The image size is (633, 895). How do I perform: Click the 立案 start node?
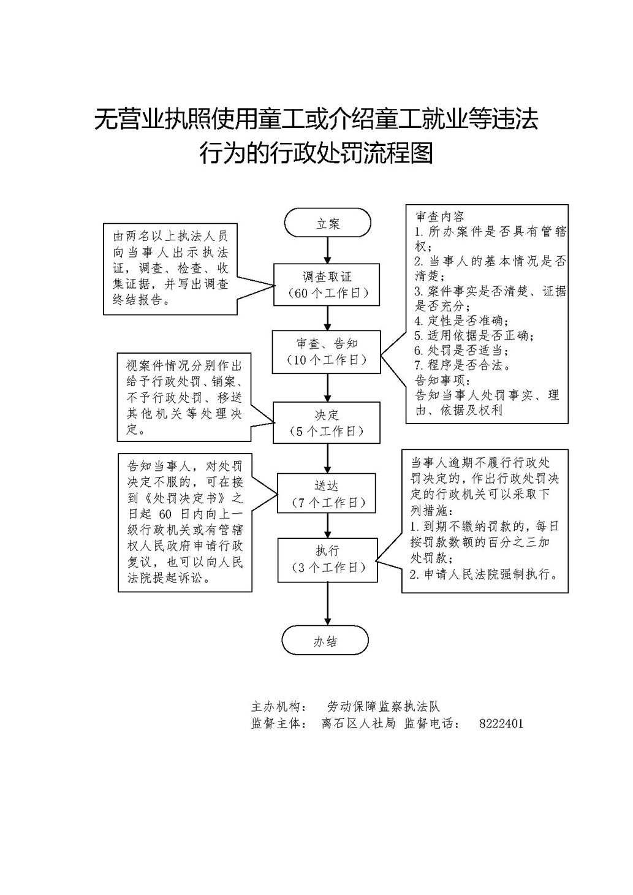tap(327, 223)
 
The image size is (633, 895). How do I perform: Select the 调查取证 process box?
tap(327, 285)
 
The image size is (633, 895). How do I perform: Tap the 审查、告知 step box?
tap(326, 352)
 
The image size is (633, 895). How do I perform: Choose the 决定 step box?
tap(326, 423)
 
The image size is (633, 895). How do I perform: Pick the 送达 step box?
tap(326, 493)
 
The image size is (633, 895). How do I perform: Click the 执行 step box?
tap(327, 560)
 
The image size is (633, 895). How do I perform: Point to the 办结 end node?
tap(325, 640)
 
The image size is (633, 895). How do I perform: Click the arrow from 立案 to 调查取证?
tap(328, 250)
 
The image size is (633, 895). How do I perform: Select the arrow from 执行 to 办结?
tap(328, 604)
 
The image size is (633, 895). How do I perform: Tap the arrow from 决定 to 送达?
tap(328, 459)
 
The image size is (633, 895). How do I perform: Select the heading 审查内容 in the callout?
tap(440, 216)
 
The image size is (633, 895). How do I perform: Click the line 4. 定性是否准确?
tap(461, 321)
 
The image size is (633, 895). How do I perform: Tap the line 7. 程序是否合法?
tap(462, 365)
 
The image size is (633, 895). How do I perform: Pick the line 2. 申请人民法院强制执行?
tap(483, 574)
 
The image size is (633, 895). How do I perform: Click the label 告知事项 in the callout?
tap(442, 379)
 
